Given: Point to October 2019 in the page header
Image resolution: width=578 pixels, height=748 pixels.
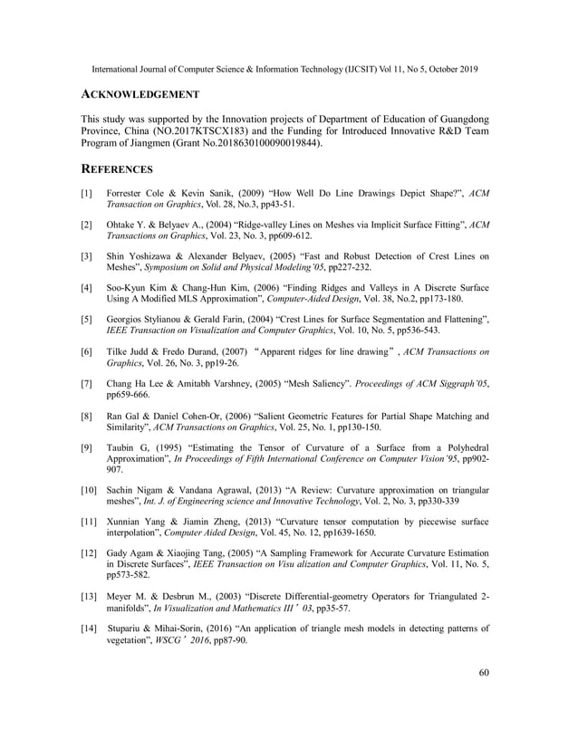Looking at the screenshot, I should tap(445, 69).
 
